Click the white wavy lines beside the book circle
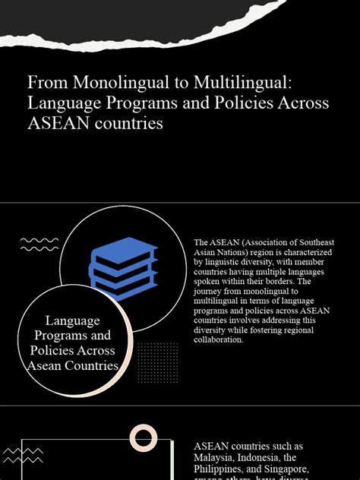point(39,245)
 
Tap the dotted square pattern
point(158,363)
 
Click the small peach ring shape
point(144,437)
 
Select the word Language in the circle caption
point(73,321)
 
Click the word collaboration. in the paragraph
point(219,339)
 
